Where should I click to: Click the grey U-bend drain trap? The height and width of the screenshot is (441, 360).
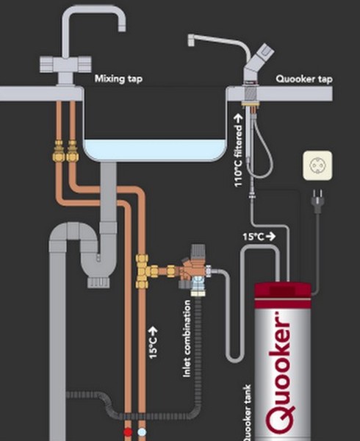click(x=96, y=254)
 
